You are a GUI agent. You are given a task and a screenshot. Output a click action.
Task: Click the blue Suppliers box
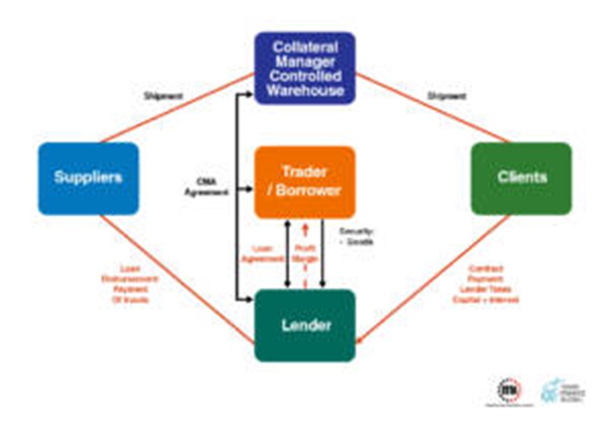coord(88,178)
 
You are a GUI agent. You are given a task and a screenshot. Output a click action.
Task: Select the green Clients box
coord(521,178)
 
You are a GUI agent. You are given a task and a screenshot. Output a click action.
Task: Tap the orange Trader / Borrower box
coord(305,182)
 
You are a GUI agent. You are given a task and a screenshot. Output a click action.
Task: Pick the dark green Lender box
coord(305,325)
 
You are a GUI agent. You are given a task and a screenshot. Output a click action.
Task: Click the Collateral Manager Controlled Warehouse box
coord(305,68)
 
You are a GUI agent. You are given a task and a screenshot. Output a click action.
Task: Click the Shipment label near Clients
coord(446,96)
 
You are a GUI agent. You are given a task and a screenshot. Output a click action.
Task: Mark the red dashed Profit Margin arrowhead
coord(305,229)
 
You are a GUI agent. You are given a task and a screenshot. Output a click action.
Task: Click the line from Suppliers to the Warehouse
coord(178,107)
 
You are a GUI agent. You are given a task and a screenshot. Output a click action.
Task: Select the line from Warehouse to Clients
coord(432,107)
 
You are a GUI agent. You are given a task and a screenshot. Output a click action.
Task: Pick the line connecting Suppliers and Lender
coord(178,279)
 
